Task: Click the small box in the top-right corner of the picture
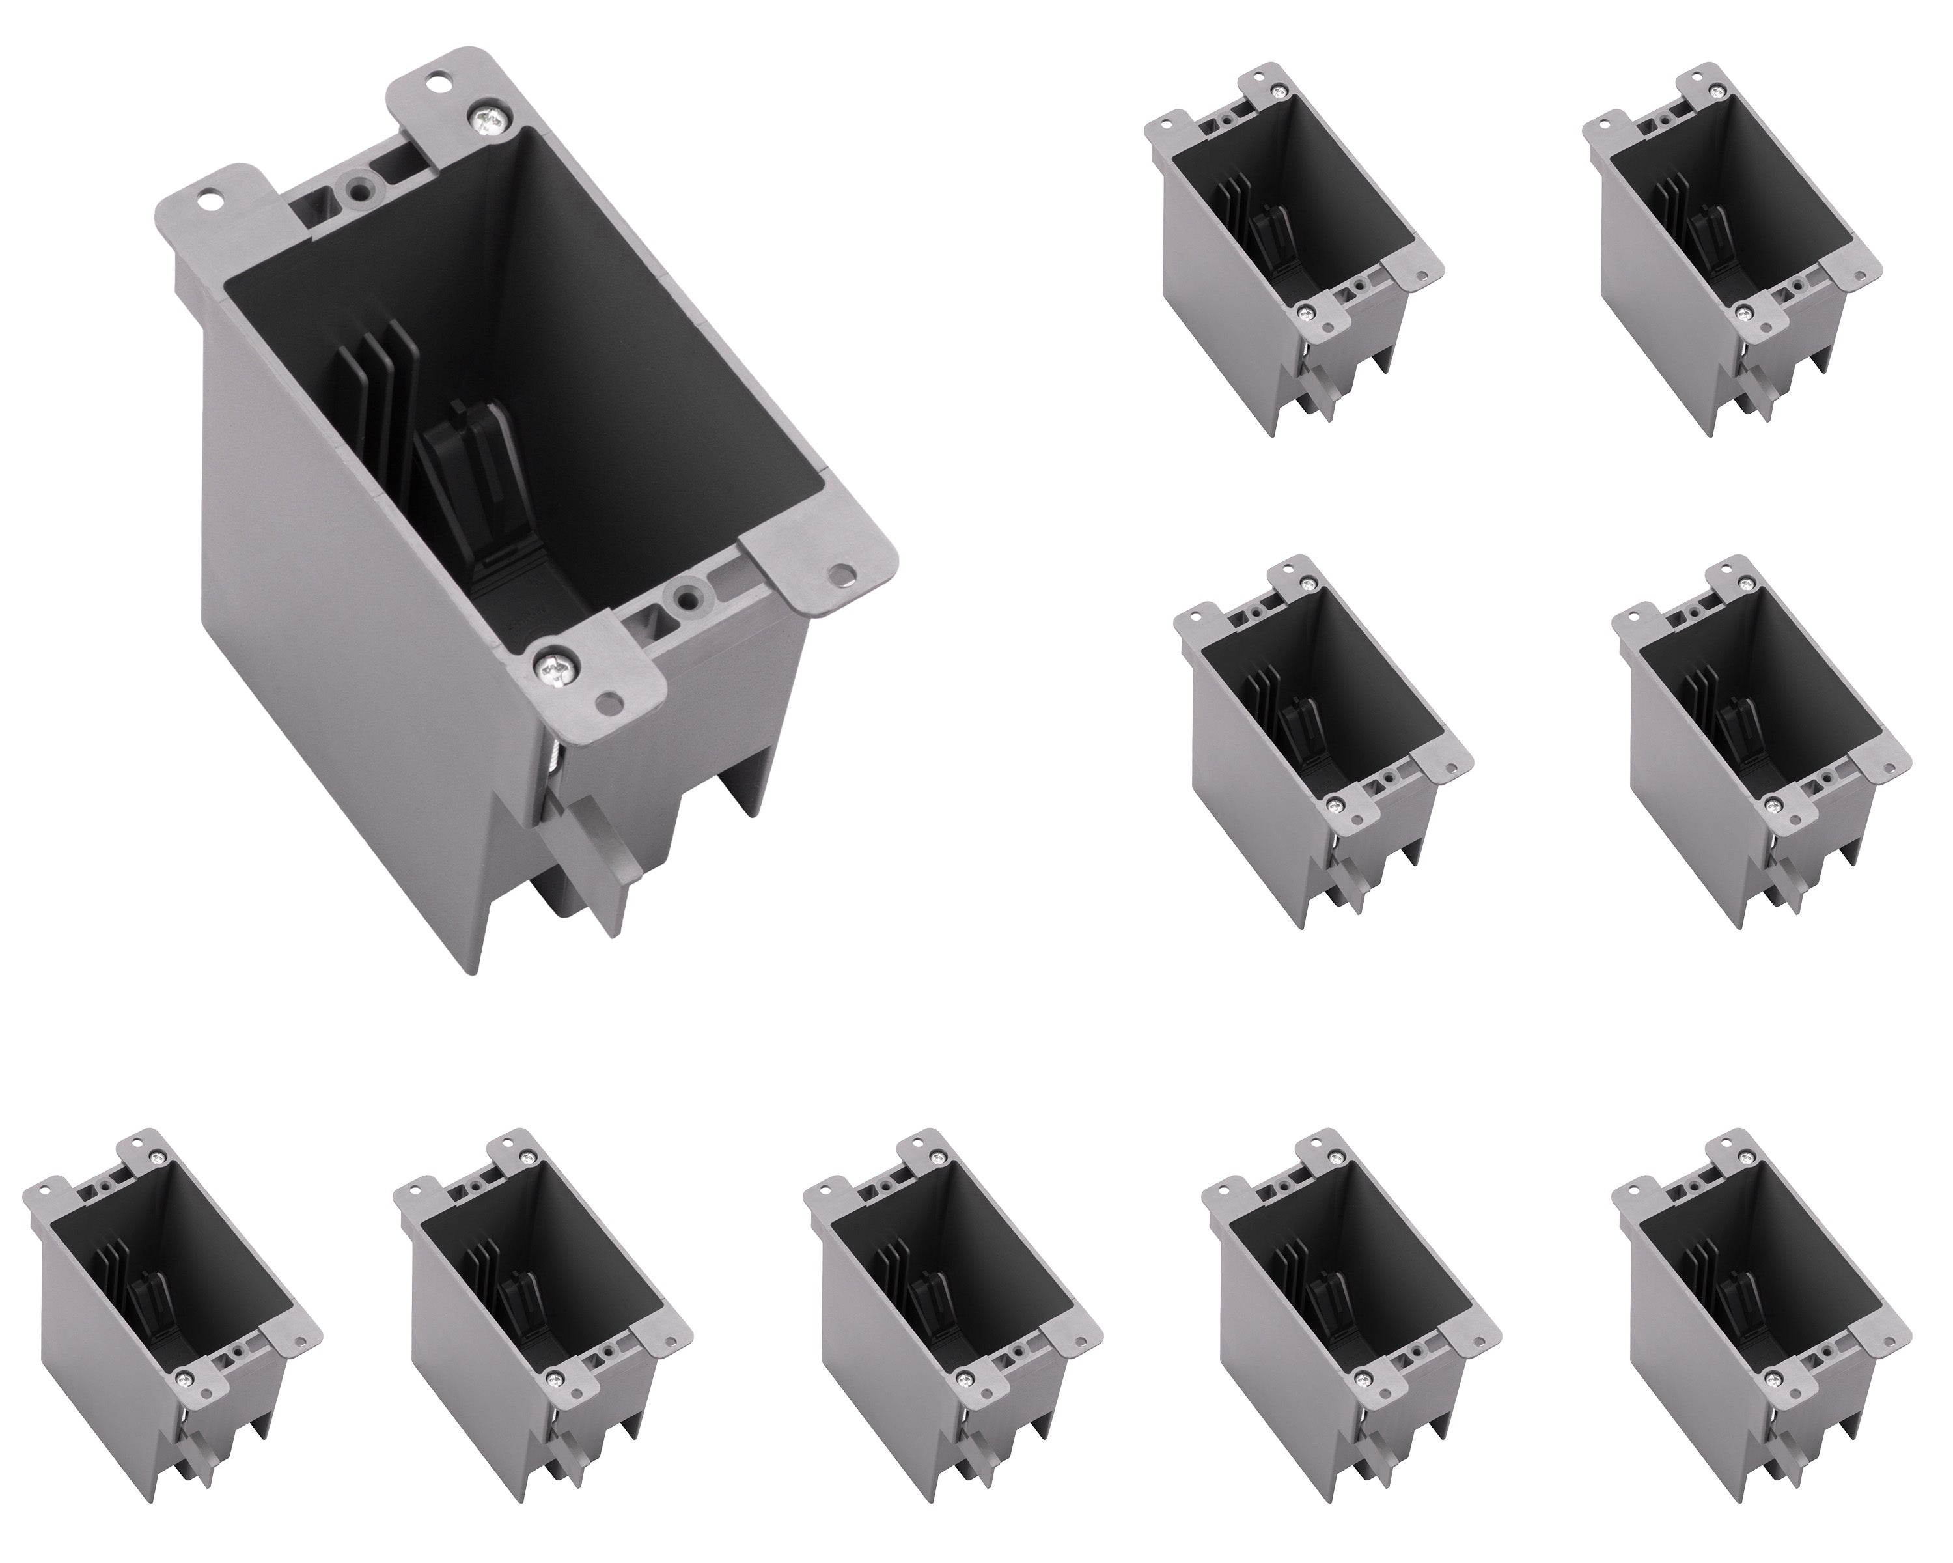pyautogui.click(x=1726, y=245)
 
